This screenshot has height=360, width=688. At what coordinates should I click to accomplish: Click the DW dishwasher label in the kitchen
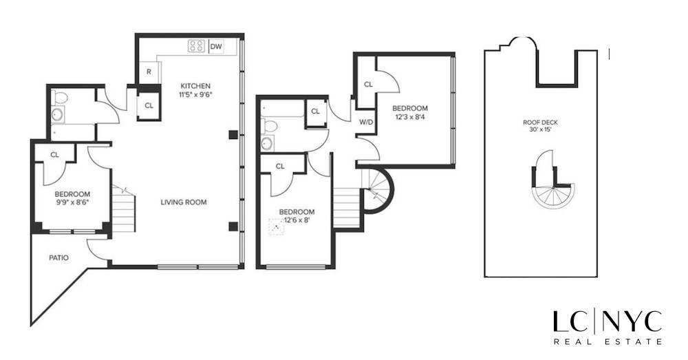pos(215,47)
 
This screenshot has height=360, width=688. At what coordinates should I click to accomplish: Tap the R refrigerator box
pos(149,72)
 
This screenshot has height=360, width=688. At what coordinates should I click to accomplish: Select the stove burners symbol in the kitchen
pos(196,47)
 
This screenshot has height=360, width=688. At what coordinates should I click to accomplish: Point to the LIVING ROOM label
pos(184,202)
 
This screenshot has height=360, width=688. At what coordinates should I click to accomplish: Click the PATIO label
pos(58,258)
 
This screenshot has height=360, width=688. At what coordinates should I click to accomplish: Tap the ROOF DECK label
pos(540,123)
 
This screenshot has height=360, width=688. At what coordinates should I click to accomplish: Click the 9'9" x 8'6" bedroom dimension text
pos(72,204)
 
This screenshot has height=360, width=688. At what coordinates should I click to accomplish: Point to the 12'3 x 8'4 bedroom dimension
pos(410,117)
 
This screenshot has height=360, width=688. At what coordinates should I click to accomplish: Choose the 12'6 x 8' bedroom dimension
pos(297,220)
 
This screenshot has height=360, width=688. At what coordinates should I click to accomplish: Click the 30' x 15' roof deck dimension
pos(540,131)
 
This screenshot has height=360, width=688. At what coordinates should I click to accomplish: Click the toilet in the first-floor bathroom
pos(58,97)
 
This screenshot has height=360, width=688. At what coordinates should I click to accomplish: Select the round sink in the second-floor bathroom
pos(266,143)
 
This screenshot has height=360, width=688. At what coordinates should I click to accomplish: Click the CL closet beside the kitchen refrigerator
pos(149,106)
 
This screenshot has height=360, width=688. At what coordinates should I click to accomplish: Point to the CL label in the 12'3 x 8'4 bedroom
pos(368,85)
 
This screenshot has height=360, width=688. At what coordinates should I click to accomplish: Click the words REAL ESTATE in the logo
pos(608,341)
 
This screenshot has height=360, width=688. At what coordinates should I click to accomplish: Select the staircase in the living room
pos(124,208)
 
